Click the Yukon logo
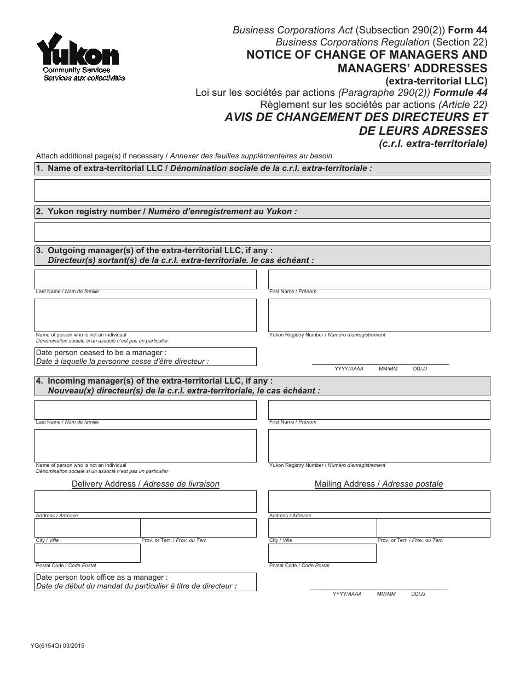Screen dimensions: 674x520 point(81,56)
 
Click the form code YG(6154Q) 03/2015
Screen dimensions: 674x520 point(60,646)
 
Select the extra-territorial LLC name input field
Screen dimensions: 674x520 point(262,190)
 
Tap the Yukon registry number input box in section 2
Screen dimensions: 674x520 point(262,232)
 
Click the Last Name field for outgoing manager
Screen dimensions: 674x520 point(146,279)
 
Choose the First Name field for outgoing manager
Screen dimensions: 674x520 point(379,279)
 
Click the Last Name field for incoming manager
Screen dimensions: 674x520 point(146,410)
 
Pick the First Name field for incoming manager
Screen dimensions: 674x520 point(379,410)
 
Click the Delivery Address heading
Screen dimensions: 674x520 point(146,484)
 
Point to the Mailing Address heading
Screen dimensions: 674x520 point(379,484)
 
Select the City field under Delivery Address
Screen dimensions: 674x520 point(88,528)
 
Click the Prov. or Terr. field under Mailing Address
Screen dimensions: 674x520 point(433,528)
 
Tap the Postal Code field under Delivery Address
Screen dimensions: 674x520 point(88,553)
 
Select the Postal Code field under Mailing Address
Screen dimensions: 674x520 point(322,553)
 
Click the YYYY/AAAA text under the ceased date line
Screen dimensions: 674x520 point(349,369)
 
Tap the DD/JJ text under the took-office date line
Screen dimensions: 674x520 point(418,594)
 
